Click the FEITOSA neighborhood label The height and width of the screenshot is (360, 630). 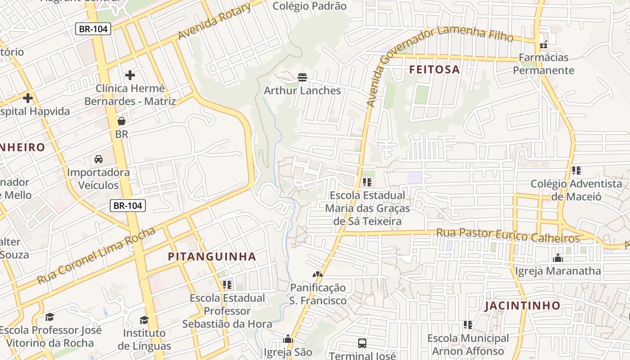[x=434, y=69]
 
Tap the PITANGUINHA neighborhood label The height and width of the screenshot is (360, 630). [x=211, y=256]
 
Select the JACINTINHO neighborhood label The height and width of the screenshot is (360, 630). [x=522, y=306]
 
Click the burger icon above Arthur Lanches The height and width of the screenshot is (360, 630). [x=302, y=77]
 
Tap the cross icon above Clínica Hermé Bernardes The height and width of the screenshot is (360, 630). [x=130, y=75]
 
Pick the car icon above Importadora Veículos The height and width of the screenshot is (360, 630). [x=98, y=159]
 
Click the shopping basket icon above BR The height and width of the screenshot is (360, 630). [x=121, y=121]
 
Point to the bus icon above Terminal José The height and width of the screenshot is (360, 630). [x=362, y=343]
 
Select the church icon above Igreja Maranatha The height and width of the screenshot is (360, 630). [x=558, y=258]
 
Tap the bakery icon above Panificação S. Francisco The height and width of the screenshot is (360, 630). [x=318, y=274]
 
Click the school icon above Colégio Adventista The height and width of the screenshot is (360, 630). [x=576, y=171]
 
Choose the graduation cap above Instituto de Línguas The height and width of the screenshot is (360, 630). [x=144, y=320]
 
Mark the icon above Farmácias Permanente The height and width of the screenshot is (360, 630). [x=544, y=44]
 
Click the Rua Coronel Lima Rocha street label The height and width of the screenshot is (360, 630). [x=96, y=256]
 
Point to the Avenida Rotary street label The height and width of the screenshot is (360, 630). [x=214, y=22]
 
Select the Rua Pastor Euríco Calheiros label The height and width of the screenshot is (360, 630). [x=508, y=235]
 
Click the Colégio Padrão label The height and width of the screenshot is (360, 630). [x=310, y=6]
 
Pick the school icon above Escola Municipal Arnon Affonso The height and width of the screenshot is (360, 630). [x=468, y=324]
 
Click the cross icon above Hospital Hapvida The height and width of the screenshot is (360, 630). [x=28, y=98]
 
